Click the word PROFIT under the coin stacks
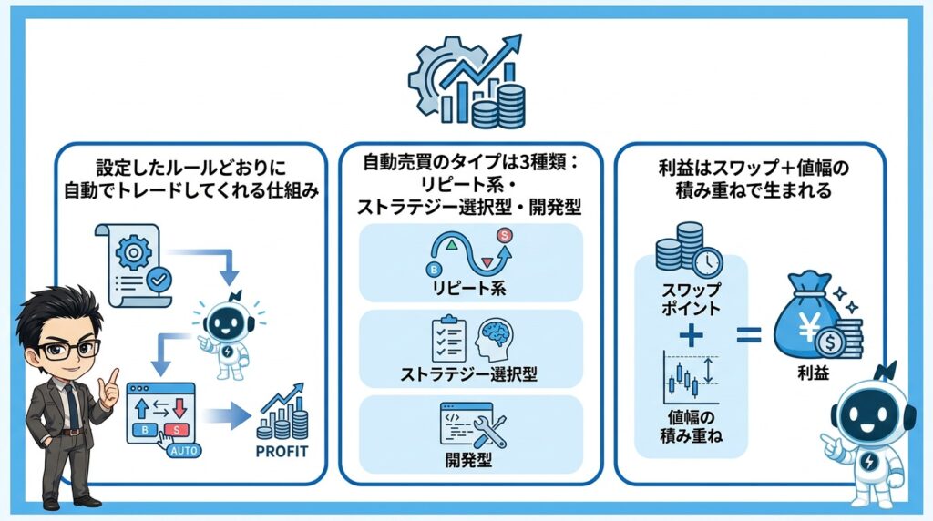282,451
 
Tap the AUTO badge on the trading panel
185,450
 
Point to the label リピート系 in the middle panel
470,290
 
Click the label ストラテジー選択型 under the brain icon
470,374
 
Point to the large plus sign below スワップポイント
692,335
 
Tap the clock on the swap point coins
706,264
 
